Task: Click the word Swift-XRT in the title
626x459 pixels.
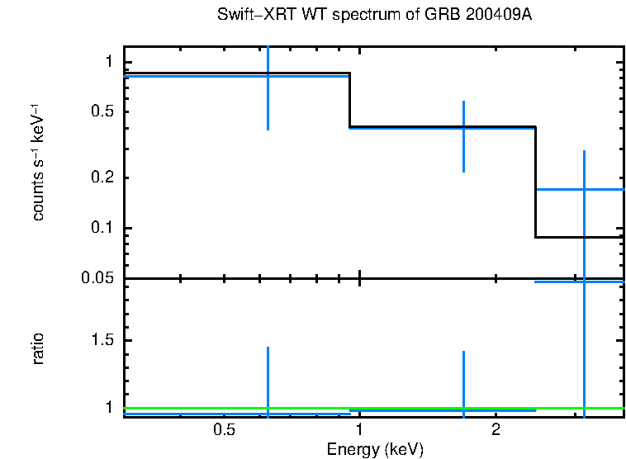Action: pos(247,16)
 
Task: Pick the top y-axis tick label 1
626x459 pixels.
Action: pos(108,63)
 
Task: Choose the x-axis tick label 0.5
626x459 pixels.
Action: pos(225,430)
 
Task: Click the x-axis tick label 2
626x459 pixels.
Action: pos(496,430)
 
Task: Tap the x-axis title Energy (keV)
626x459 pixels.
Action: pos(375,449)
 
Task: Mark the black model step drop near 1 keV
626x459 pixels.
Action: pos(350,100)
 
